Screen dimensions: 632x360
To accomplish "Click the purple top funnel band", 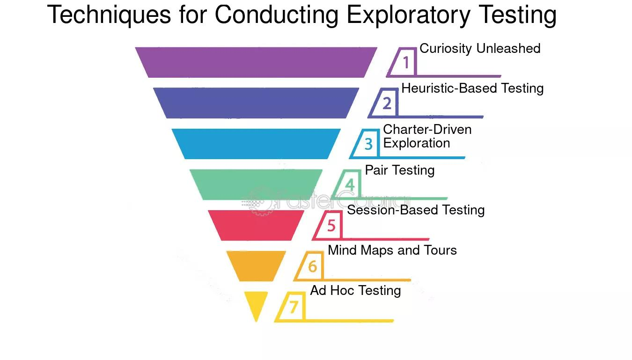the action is pos(256,62).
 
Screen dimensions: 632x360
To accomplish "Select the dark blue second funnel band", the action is pos(256,103).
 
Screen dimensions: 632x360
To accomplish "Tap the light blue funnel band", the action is pos(256,144).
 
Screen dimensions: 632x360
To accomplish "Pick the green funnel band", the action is pos(256,184).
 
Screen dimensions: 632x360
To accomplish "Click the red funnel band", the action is pos(256,226).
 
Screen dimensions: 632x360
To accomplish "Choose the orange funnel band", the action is pos(256,266).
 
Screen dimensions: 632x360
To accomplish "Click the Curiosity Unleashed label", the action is pos(480,49).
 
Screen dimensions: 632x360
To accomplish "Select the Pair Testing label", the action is pos(400,170).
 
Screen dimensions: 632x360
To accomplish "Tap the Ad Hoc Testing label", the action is pos(355,291).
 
